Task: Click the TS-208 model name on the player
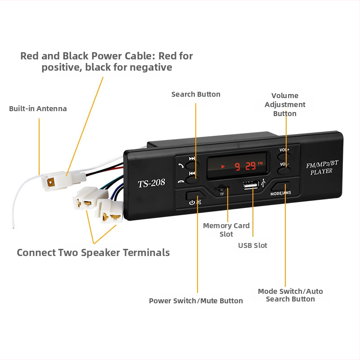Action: click(151, 183)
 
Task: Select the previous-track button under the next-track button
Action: click(191, 178)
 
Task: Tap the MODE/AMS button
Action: click(281, 188)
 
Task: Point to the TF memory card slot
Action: click(221, 189)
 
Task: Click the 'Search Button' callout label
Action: click(196, 94)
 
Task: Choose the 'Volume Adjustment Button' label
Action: click(285, 104)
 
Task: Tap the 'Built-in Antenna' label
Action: click(38, 109)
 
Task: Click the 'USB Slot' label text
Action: click(252, 246)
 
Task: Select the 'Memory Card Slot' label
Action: click(226, 230)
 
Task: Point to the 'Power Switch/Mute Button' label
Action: click(196, 301)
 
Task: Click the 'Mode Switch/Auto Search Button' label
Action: click(290, 295)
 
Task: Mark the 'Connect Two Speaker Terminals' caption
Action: click(93, 252)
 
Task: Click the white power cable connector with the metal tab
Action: click(56, 181)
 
